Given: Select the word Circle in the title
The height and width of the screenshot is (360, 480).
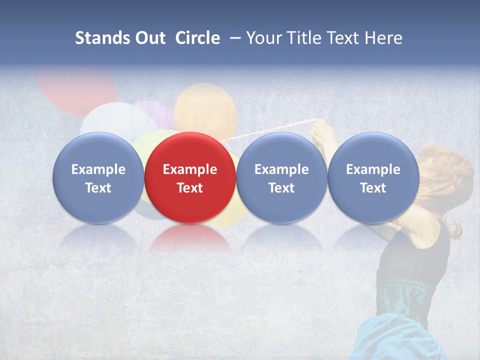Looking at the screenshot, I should [197, 38].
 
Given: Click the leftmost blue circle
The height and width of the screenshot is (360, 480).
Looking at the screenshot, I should [98, 178].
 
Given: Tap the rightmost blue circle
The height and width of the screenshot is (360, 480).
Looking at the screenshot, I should [373, 178].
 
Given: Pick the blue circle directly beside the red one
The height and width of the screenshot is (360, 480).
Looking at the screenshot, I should [281, 178].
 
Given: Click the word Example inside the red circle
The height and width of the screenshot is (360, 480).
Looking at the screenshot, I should [190, 169].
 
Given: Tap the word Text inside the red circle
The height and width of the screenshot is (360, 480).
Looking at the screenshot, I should [190, 188].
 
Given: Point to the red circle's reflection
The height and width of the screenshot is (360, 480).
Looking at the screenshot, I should [190, 238].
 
